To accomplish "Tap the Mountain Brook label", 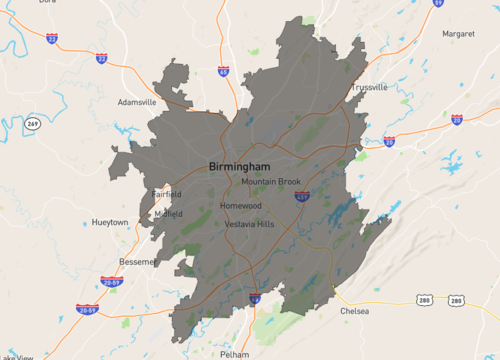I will click(x=270, y=182).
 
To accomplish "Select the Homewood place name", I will click(x=240, y=206).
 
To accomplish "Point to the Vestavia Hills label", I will click(x=249, y=224).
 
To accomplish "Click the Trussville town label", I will click(x=369, y=87).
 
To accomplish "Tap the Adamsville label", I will click(x=137, y=102).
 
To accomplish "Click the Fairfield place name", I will click(x=167, y=193).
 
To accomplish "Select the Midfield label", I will click(x=168, y=214).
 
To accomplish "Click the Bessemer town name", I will click(x=138, y=261).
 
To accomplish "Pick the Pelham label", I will click(x=234, y=354).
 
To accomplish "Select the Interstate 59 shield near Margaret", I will click(x=438, y=3).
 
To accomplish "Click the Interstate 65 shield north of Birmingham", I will click(x=223, y=71).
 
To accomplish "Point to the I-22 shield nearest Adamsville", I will click(x=102, y=58).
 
